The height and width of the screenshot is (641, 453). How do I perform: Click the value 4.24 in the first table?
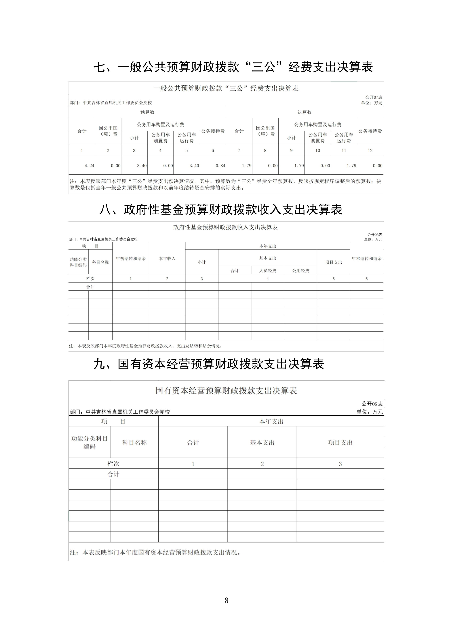pyautogui.click(x=89, y=166)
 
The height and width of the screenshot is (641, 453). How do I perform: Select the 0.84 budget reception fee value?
pyautogui.click(x=220, y=166)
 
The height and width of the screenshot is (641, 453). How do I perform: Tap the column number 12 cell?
pyautogui.click(x=370, y=150)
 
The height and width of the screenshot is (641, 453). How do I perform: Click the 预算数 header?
pyautogui.click(x=147, y=112)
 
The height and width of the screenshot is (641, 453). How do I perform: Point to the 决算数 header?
pyautogui.click(x=304, y=112)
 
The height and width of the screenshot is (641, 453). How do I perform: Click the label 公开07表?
pyautogui.click(x=374, y=97)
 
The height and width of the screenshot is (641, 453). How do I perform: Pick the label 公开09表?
pyautogui.click(x=372, y=404)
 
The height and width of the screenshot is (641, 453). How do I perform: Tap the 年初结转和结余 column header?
pyautogui.click(x=131, y=258)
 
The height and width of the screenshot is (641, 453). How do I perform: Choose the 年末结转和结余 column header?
pyautogui.click(x=366, y=258)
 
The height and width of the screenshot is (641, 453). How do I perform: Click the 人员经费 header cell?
pyautogui.click(x=267, y=271)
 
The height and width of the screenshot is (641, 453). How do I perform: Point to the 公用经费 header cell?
pyautogui.click(x=300, y=271)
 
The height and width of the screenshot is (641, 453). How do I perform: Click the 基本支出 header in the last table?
pyautogui.click(x=262, y=443)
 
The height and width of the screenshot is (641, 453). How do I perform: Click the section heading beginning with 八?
pyautogui.click(x=221, y=209)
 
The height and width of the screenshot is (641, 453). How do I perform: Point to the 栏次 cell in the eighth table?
pyautogui.click(x=90, y=279)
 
